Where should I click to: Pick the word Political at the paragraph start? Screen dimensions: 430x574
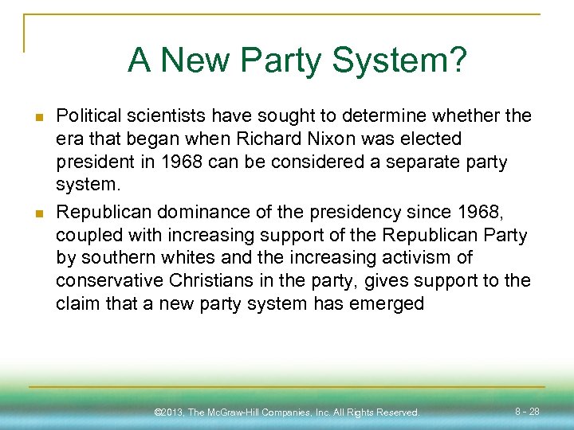pos(87,116)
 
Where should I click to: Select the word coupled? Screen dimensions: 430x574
pos(85,236)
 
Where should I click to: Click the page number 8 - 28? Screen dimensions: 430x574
pos(527,412)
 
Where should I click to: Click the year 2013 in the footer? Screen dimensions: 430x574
pos(175,412)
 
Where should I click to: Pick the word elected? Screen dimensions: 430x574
pos(431,139)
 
